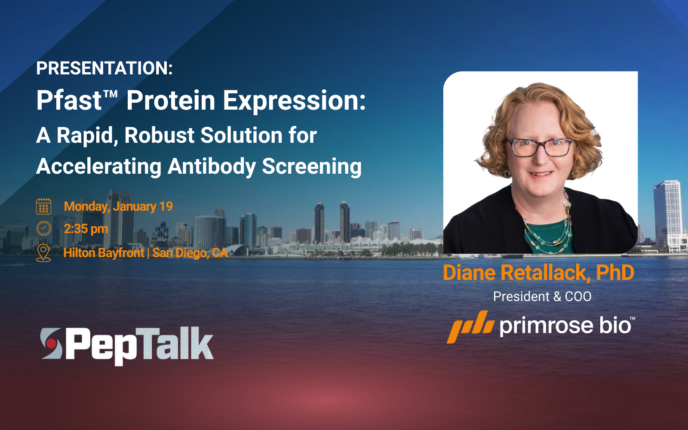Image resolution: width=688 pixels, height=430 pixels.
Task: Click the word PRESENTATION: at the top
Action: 104,68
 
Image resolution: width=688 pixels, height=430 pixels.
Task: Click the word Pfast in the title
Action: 69,101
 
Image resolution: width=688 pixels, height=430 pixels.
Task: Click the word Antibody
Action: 212,166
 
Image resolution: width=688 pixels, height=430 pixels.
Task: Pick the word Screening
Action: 312,166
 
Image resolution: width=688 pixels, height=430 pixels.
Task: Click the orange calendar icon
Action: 43,206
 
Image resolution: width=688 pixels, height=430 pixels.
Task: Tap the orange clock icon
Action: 43,228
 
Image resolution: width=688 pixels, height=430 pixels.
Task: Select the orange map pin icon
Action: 43,253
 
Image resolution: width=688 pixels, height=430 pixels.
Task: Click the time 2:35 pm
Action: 86,229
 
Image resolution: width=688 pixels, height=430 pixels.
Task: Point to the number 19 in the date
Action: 166,206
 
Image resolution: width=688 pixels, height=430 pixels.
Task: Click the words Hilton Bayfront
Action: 104,253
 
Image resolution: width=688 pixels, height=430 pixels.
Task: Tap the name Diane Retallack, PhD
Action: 538,273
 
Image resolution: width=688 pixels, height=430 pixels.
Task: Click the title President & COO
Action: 542,297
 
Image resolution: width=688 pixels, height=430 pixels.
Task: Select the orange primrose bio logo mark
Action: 470,326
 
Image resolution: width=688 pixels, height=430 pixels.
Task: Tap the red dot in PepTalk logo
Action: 52,344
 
